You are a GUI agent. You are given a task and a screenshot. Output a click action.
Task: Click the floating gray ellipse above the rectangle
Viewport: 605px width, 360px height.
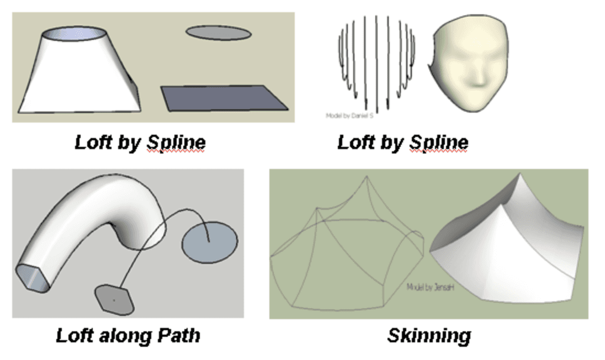coord(217,33)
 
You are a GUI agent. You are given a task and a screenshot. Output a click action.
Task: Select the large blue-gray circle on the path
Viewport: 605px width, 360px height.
coord(209,242)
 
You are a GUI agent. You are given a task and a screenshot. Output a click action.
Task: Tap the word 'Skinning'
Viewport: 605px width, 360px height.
coord(429,335)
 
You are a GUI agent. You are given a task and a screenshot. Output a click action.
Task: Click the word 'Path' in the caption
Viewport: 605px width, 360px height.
coord(179,335)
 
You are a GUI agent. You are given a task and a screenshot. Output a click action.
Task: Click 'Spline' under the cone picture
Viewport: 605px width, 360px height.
coord(176,142)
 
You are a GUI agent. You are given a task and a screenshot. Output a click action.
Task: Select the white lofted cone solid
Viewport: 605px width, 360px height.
coord(80,77)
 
